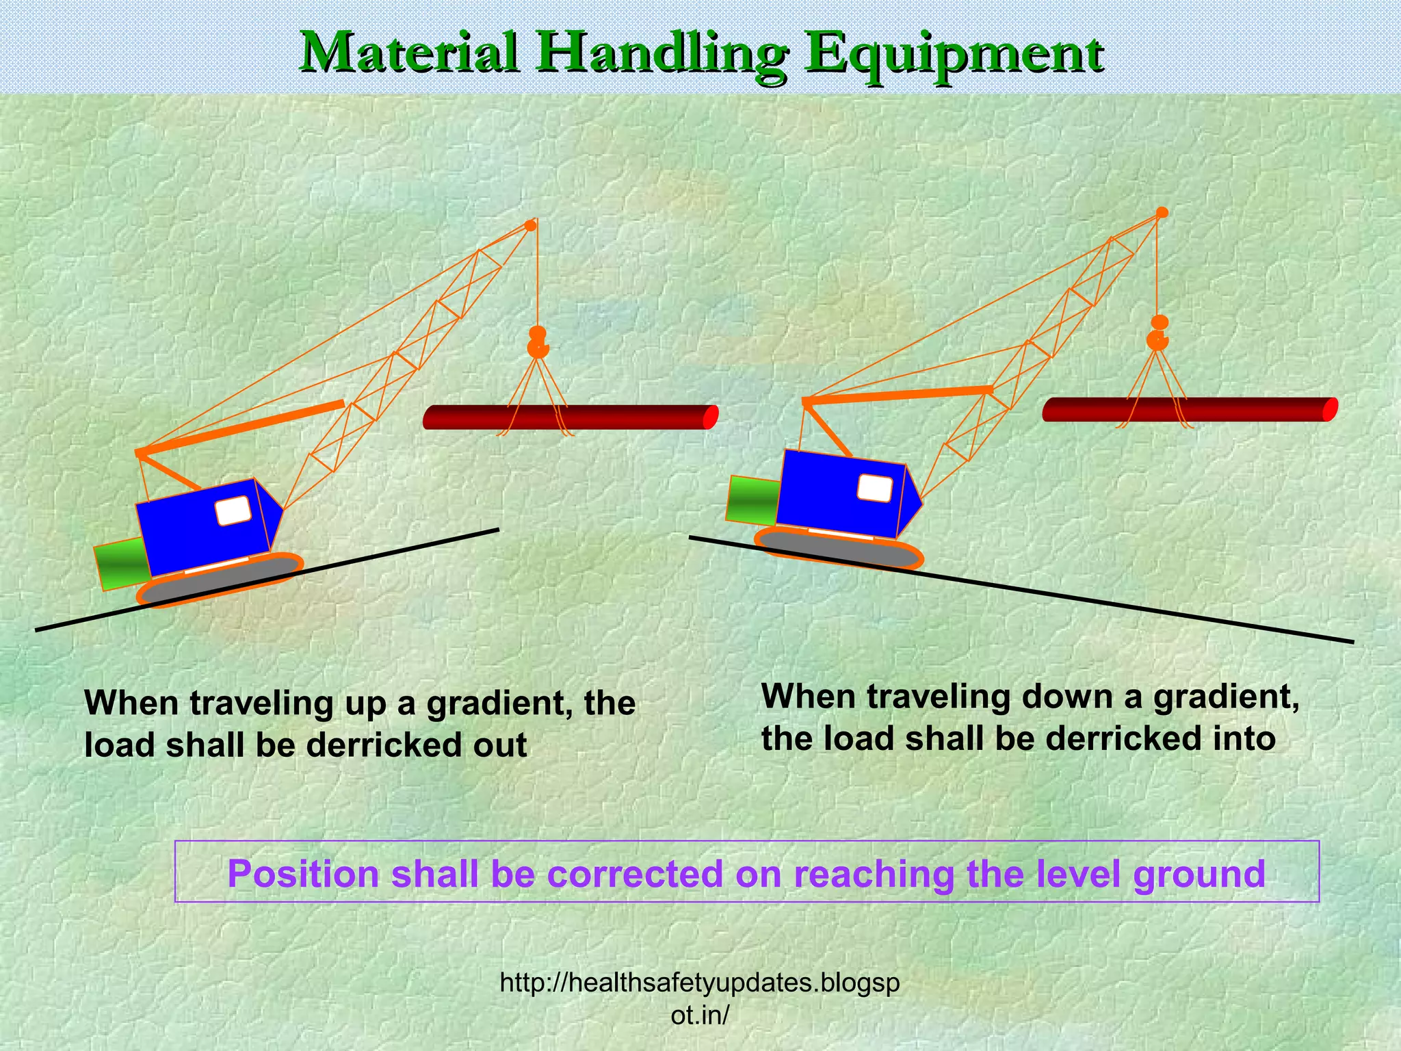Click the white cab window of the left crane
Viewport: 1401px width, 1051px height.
[233, 511]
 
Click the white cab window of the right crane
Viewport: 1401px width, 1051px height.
[875, 489]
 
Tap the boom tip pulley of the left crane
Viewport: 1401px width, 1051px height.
[530, 225]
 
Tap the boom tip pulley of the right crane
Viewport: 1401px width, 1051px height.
[1162, 213]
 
